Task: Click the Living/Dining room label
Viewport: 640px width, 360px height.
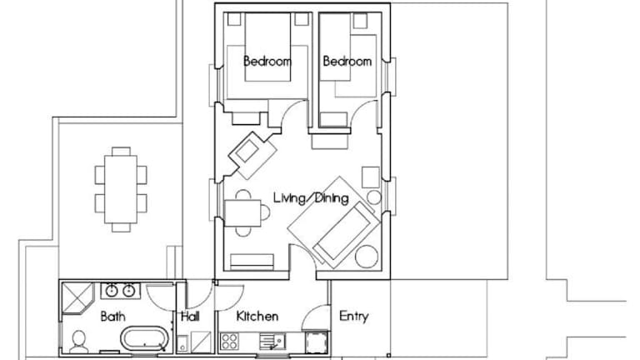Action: click(x=311, y=198)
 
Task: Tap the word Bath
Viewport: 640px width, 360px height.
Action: click(x=112, y=317)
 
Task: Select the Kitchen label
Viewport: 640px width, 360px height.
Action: click(x=257, y=316)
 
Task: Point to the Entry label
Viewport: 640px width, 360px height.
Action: click(x=354, y=317)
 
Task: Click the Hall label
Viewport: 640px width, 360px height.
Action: click(x=190, y=317)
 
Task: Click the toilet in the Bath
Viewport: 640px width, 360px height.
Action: click(x=78, y=342)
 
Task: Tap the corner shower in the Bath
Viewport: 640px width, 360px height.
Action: click(x=77, y=298)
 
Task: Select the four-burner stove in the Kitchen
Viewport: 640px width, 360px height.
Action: click(x=229, y=341)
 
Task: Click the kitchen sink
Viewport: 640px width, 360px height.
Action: click(x=272, y=341)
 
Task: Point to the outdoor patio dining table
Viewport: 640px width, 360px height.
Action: click(x=121, y=189)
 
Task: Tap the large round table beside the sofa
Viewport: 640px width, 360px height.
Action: click(x=367, y=257)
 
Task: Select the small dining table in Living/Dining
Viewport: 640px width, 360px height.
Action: click(x=243, y=213)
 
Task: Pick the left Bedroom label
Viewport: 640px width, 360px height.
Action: click(x=267, y=61)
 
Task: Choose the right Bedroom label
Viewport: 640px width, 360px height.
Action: click(x=347, y=61)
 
